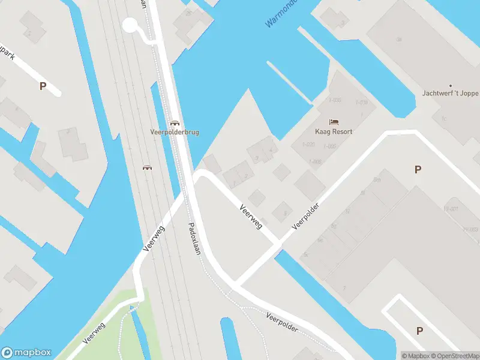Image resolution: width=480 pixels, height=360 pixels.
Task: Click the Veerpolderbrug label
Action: pyautogui.click(x=174, y=132)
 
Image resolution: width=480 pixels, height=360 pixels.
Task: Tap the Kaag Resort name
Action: pyautogui.click(x=334, y=131)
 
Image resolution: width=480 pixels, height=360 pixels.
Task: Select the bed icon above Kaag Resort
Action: pyautogui.click(x=334, y=122)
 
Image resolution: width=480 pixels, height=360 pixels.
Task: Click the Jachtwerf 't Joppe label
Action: pyautogui.click(x=451, y=94)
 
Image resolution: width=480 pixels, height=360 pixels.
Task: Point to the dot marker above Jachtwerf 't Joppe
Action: pyautogui.click(x=451, y=85)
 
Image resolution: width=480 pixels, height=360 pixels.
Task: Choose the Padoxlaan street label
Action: pyautogui.click(x=195, y=239)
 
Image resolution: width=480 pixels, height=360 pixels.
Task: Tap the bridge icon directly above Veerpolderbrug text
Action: pyautogui.click(x=174, y=122)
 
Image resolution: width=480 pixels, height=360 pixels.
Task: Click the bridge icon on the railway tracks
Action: pyautogui.click(x=146, y=167)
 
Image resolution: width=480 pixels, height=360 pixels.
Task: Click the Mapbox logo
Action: pyautogui.click(x=26, y=352)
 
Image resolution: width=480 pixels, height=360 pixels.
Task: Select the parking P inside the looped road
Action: pyautogui.click(x=419, y=331)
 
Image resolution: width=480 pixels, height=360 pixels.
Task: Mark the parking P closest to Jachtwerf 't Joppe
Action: pyautogui.click(x=418, y=170)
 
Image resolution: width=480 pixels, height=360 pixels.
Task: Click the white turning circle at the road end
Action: pyautogui.click(x=130, y=25)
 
